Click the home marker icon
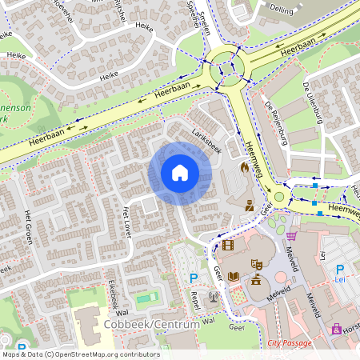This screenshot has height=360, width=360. [x=180, y=173]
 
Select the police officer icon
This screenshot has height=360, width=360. [x=250, y=204]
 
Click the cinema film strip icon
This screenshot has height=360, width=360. [x=230, y=245]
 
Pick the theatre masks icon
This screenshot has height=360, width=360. [x=258, y=262]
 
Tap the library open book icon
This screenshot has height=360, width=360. [x=234, y=277]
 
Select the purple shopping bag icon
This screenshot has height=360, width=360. [x=336, y=328]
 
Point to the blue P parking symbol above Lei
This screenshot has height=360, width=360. [x=338, y=270]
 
